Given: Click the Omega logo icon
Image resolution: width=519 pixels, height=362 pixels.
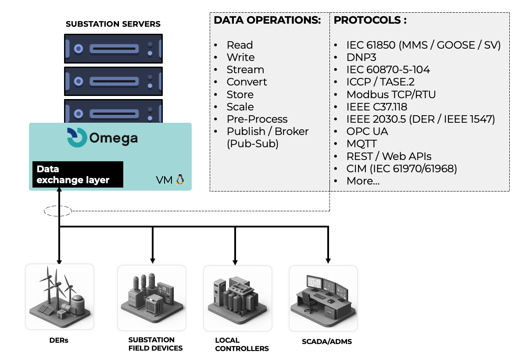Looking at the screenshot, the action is click(x=77, y=137).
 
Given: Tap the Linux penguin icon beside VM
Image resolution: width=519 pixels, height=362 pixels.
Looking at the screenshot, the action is click(x=180, y=180).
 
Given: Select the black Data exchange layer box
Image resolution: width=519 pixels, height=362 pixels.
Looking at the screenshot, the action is click(x=78, y=174).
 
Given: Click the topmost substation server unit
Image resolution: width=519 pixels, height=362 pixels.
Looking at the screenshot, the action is click(x=114, y=49).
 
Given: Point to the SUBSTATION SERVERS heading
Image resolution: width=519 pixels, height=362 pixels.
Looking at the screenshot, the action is click(x=113, y=24).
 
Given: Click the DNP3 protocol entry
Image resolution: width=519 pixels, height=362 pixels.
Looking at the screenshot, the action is click(x=361, y=57).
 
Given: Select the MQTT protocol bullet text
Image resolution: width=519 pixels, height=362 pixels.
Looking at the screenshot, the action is click(x=362, y=144).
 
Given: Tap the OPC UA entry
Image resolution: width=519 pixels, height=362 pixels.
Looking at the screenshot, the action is click(x=367, y=131).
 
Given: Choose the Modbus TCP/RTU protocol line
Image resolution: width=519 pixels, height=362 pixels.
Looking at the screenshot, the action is click(x=391, y=95).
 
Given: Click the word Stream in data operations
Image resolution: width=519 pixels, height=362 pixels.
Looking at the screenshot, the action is click(x=245, y=70).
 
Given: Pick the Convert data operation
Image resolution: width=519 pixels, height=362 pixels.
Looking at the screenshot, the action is click(x=247, y=82).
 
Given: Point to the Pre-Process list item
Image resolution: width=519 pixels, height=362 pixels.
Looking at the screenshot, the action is click(x=257, y=119).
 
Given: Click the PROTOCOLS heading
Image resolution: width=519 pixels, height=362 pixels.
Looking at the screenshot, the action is click(x=370, y=20).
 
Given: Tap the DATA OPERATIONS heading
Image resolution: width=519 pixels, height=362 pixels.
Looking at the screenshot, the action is click(x=268, y=20).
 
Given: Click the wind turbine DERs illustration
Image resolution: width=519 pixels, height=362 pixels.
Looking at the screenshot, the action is click(x=60, y=297).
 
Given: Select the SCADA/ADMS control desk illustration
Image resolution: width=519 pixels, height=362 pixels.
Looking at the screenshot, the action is click(x=323, y=298).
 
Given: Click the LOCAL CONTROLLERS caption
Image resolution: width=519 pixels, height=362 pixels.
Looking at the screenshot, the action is click(x=242, y=344).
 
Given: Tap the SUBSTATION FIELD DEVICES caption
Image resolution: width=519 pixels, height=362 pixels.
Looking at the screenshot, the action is click(x=155, y=344).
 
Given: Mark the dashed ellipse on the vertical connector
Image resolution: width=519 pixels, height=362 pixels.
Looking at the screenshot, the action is click(x=58, y=211).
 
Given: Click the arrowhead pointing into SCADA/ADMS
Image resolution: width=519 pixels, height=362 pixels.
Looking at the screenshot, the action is click(x=328, y=261).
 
